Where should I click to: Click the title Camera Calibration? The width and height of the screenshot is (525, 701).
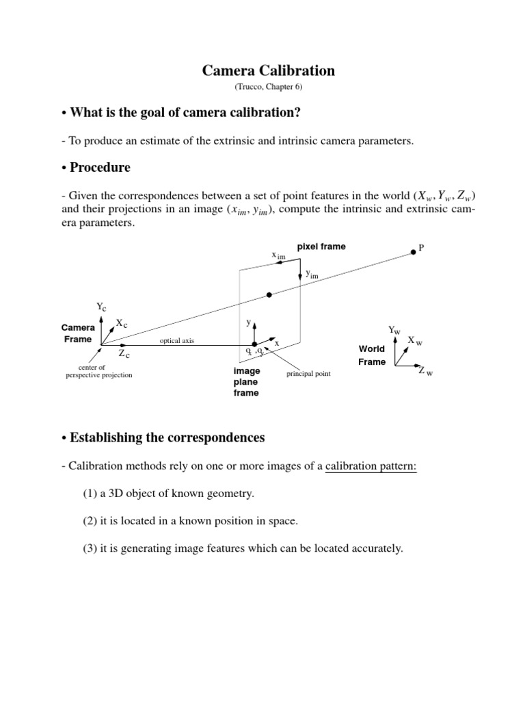268,71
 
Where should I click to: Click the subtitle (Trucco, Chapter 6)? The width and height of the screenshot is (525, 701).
268,87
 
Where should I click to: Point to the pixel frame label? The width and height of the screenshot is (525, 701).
321,246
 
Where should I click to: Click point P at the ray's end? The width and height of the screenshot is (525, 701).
414,252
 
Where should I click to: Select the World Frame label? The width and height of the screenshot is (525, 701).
372,355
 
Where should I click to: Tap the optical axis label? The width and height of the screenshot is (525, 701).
177,340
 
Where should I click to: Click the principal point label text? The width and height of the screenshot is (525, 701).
309,374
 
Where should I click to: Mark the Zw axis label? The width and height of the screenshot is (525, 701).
427,372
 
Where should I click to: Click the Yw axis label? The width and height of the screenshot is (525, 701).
394,330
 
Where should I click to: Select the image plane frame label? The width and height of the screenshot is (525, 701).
246,382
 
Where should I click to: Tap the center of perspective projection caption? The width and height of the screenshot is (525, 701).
96,372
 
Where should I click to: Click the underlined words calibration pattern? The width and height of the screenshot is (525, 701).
370,466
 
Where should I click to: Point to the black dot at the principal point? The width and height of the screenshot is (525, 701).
255,344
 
